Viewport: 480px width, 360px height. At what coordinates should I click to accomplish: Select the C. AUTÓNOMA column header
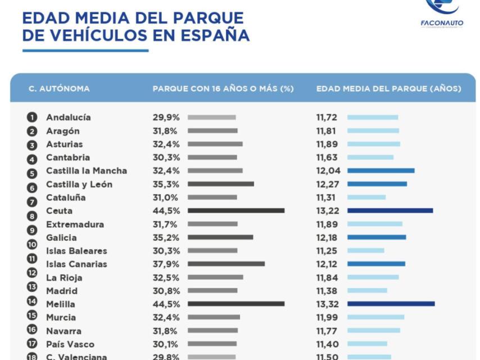pyautogui.click(x=59, y=89)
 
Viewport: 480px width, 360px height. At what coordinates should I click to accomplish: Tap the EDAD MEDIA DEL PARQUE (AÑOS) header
pyautogui.click(x=388, y=89)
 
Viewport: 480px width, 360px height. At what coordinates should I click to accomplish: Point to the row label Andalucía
pyautogui.click(x=68, y=118)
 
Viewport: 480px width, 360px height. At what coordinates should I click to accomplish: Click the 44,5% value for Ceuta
pyautogui.click(x=166, y=211)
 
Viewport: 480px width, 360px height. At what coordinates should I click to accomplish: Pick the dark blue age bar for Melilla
pyautogui.click(x=391, y=304)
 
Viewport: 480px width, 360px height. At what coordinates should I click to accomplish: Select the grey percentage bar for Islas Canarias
pyautogui.click(x=226, y=264)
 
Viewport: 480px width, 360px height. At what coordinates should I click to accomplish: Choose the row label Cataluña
pyautogui.click(x=66, y=197)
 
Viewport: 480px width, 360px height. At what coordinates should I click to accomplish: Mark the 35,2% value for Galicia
pyautogui.click(x=166, y=238)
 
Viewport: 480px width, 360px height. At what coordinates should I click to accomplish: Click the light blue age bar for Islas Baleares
pyautogui.click(x=365, y=251)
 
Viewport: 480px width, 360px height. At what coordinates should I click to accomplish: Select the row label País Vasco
pyautogui.click(x=70, y=344)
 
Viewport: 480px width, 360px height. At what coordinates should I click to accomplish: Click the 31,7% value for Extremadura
pyautogui.click(x=166, y=224)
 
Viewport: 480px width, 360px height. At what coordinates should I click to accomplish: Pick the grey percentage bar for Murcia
pyautogui.click(x=214, y=318)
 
